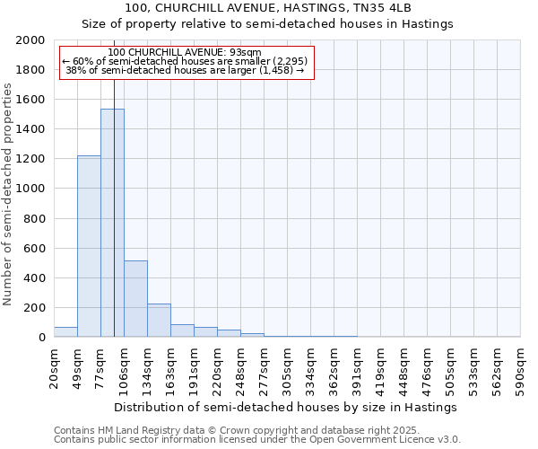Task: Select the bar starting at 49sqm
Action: pyautogui.click(x=89, y=247)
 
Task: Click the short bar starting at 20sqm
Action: pyautogui.click(x=65, y=332)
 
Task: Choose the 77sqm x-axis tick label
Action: pyautogui.click(x=101, y=367)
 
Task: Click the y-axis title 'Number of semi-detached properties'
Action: pyautogui.click(x=8, y=194)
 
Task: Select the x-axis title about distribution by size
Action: pyautogui.click(x=287, y=407)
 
